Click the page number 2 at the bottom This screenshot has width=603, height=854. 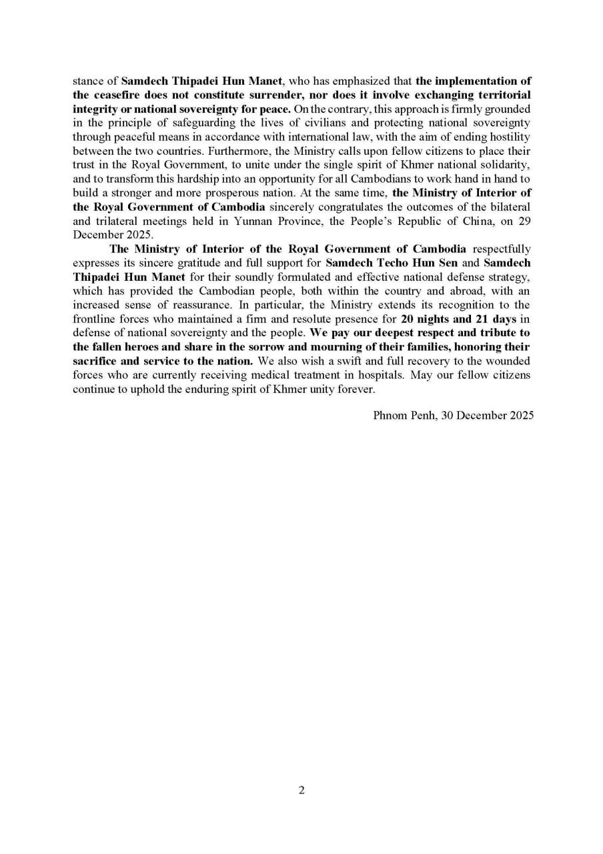point(301,791)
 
